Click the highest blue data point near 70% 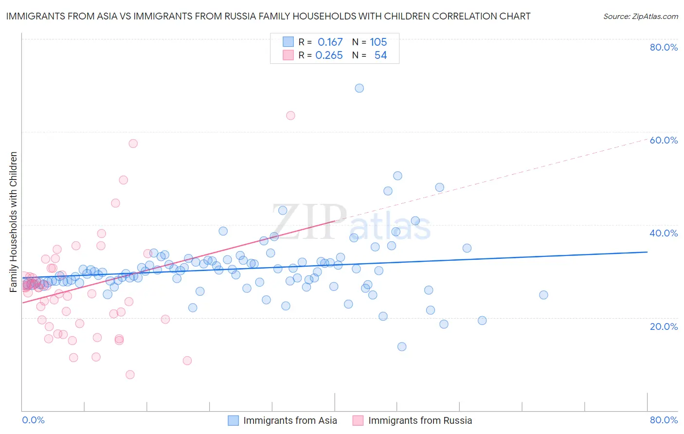point(359,88)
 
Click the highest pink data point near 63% point(290,115)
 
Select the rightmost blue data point point(543,295)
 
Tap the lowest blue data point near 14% point(402,346)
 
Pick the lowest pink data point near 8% point(130,375)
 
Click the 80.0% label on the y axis point(664,47)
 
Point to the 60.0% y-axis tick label point(664,140)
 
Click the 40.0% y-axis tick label point(664,233)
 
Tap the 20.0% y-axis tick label point(664,326)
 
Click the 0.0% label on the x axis point(33,420)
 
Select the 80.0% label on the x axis point(664,420)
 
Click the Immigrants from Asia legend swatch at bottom point(234,420)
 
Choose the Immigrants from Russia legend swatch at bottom point(358,420)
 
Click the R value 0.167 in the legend point(330,42)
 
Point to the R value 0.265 point(329,55)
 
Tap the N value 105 point(378,42)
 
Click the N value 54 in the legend point(380,55)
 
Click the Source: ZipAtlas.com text point(640,16)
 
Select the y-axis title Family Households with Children point(14,222)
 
